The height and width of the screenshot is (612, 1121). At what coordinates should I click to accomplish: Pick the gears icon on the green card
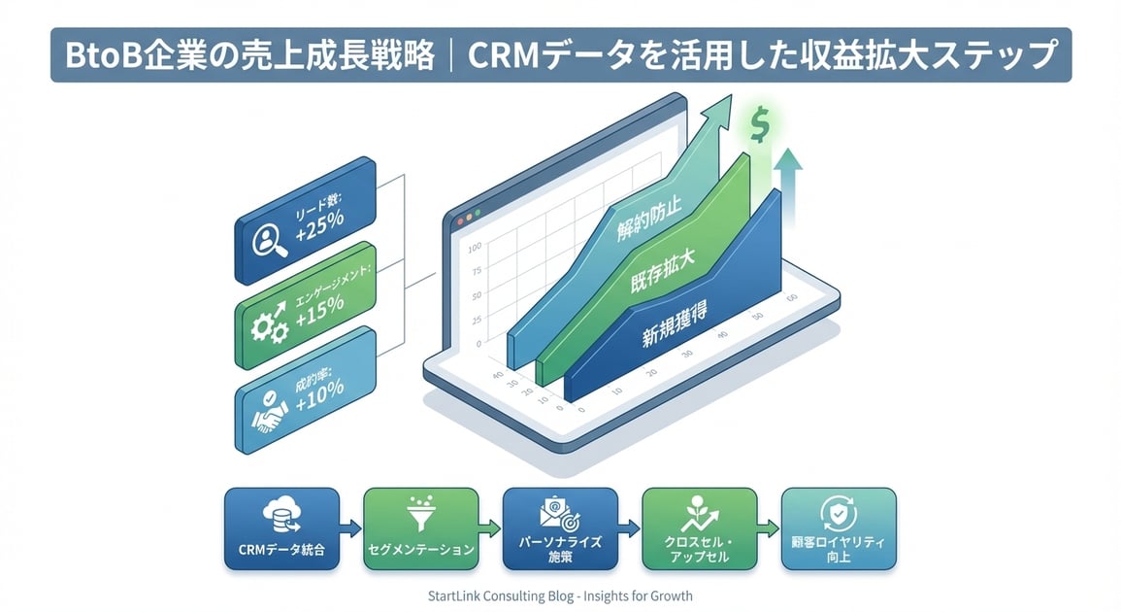[268, 325]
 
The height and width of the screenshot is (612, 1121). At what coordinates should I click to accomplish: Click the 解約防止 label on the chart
[649, 219]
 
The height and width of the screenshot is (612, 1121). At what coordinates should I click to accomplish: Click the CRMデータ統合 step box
[281, 528]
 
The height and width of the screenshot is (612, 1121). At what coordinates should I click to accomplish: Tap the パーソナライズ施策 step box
[560, 528]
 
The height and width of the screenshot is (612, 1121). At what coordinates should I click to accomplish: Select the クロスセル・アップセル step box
[699, 528]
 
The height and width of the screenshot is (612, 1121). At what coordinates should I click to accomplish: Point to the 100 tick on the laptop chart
[475, 247]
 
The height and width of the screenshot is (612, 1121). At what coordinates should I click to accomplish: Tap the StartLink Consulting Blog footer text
[560, 595]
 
